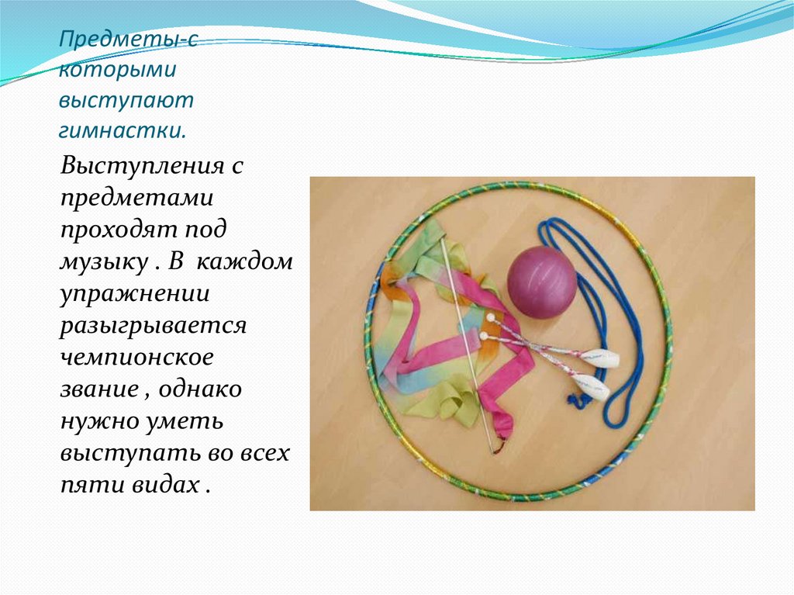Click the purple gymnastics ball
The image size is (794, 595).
tap(542, 282)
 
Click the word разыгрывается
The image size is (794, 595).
tap(153, 325)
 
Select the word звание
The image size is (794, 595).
tap(98, 389)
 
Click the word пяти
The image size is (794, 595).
tap(86, 484)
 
